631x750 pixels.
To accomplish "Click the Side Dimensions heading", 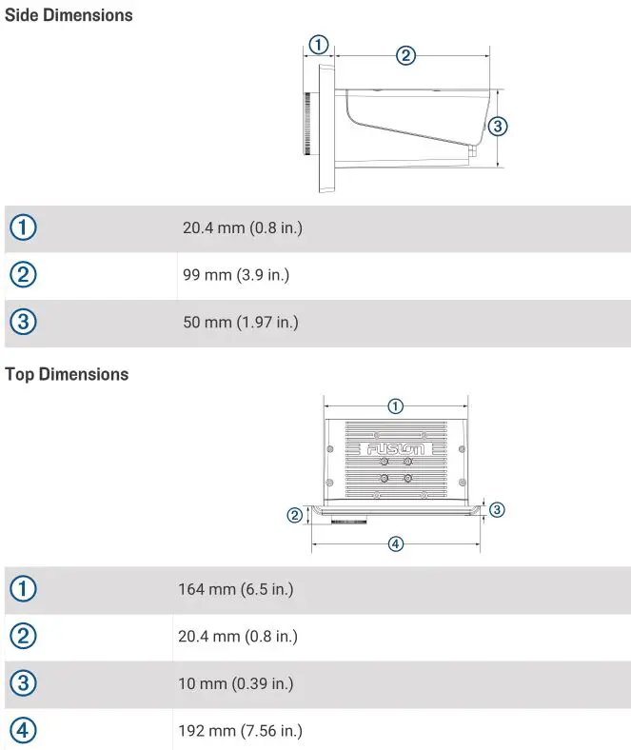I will coord(69,15).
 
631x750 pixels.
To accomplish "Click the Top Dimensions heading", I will coord(67,374).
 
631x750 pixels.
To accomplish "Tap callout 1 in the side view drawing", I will coord(319,44).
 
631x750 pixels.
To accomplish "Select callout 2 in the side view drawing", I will coord(405,54).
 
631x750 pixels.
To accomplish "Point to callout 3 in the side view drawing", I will coord(497,126).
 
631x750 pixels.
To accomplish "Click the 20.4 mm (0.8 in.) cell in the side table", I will coord(242,227).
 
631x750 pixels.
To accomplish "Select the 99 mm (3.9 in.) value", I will coord(235,275).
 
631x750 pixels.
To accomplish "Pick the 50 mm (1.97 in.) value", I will coord(240,323).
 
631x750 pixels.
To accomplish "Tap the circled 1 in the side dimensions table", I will coord(24,227).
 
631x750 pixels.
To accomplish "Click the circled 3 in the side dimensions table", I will coord(24,323).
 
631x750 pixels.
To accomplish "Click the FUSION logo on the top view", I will coord(399,448).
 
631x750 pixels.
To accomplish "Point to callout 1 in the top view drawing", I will coord(396,406).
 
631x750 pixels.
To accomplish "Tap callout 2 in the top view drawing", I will coord(295,515).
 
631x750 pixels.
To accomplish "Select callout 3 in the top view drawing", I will coord(496,510).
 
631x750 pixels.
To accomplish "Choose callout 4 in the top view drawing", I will coord(396,543).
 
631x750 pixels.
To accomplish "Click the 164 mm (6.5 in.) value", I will coord(235,589).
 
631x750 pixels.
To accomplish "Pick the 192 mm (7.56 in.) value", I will coord(240,731).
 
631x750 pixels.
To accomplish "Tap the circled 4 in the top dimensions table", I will coord(24,731).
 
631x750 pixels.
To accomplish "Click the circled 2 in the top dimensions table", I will coord(24,636).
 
